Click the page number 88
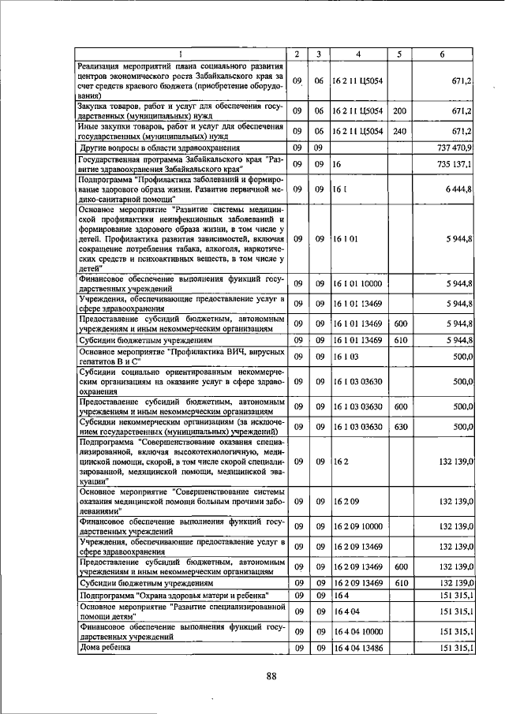[x=272, y=675]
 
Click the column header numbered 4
[x=358, y=54]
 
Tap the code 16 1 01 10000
[x=357, y=282]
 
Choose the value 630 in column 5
[x=400, y=426]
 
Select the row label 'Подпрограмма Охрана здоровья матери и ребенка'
[x=174, y=594]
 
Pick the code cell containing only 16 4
[x=340, y=594]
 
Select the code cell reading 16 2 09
[x=346, y=500]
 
